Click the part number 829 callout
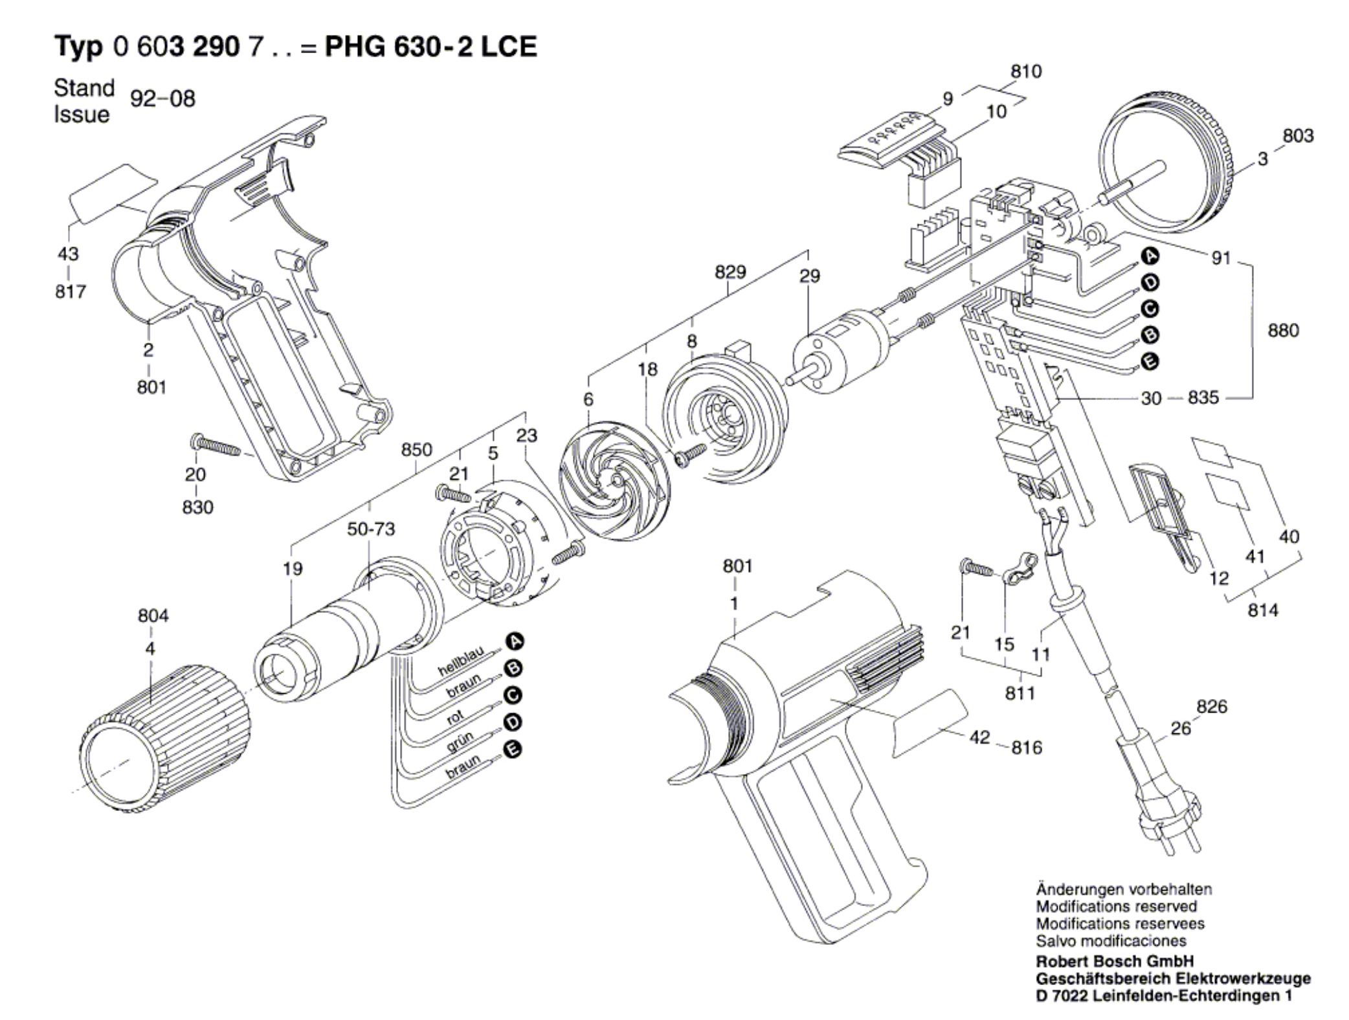point(730,272)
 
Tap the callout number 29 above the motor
point(809,276)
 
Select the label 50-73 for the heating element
point(371,529)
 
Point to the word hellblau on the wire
point(461,661)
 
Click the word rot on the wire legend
point(456,716)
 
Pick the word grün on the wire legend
point(460,742)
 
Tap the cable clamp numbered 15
point(1019,569)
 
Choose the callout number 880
point(1283,331)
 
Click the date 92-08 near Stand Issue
point(162,99)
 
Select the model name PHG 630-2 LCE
point(430,47)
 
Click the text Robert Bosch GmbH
point(1115,961)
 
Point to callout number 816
point(1027,748)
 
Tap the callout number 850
point(416,450)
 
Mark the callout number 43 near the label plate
point(68,254)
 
